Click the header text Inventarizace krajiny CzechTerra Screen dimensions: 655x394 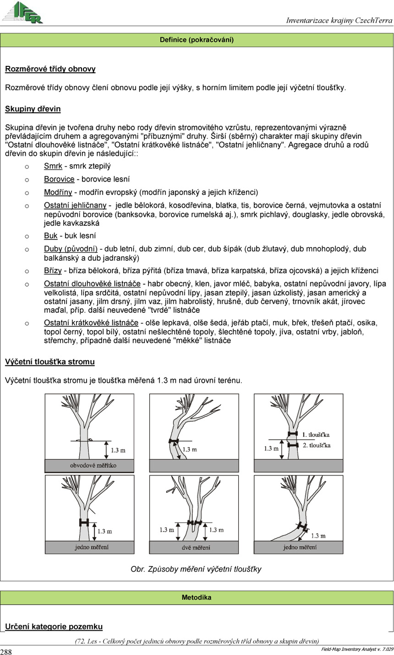point(339,20)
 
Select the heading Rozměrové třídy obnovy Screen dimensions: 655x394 point(50,69)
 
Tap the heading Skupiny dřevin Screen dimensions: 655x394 point(33,109)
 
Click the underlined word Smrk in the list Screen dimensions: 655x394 point(53,166)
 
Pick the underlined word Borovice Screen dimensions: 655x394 point(59,179)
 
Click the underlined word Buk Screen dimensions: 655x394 point(50,236)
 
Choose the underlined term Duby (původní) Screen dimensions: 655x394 point(71,249)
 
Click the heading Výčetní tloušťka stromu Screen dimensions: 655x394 point(50,362)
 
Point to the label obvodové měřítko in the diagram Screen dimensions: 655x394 point(93,465)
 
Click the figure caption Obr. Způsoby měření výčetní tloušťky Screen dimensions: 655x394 point(196,569)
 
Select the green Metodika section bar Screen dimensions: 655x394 point(197,597)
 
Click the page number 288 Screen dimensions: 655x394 point(6,652)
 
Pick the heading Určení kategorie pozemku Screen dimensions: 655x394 point(54,626)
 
